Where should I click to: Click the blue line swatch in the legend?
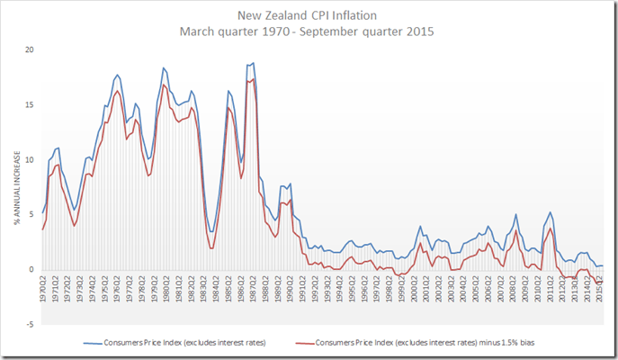coord(92,343)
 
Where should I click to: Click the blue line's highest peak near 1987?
coord(253,63)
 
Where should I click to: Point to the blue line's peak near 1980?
coord(164,67)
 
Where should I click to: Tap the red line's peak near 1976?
coord(118,91)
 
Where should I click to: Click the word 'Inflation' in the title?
coord(360,14)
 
